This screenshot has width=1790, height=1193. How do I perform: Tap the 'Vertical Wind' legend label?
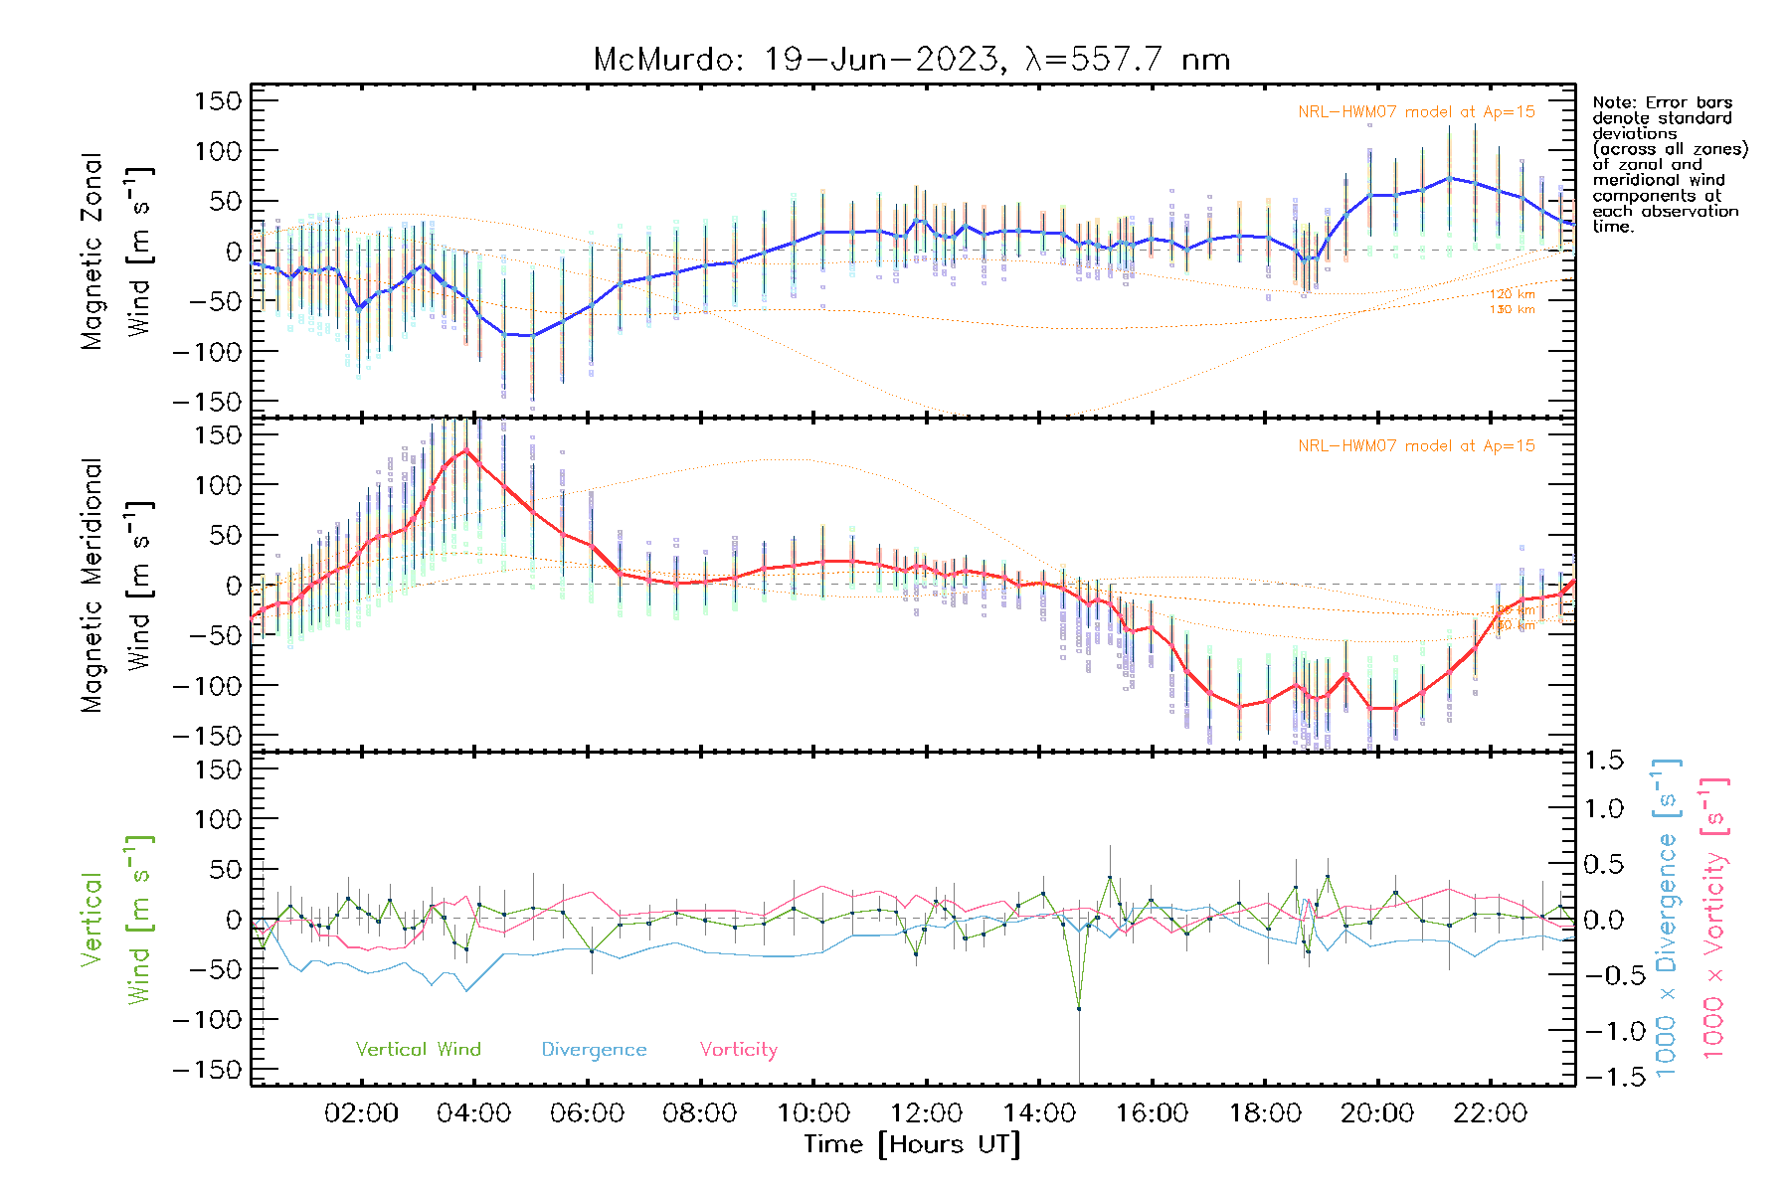tap(418, 1049)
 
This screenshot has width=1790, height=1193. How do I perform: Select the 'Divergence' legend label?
tap(594, 1049)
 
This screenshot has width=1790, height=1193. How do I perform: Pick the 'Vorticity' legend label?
tap(738, 1049)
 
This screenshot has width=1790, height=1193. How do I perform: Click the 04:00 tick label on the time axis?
tap(474, 1113)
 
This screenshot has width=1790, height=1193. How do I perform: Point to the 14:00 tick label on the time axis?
tap(1039, 1113)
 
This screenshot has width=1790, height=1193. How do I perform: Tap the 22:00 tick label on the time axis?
tap(1491, 1113)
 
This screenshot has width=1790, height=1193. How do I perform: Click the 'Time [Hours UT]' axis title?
tap(912, 1144)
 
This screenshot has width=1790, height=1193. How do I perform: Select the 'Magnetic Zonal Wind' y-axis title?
tap(116, 251)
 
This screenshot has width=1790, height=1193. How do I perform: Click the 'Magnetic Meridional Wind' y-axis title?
tap(116, 585)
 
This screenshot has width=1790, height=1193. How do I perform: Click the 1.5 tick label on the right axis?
tap(1603, 761)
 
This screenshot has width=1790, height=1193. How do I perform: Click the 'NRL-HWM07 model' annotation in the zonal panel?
tap(1416, 112)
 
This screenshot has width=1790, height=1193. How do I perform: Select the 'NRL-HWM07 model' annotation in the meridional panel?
tap(1416, 446)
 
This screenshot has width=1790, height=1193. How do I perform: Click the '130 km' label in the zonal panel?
tap(1512, 310)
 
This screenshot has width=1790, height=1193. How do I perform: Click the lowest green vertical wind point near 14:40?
tap(1079, 1009)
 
